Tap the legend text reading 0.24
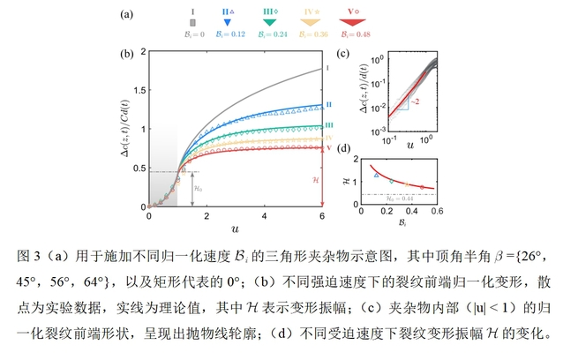pyautogui.click(x=276, y=34)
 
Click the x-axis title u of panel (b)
pyautogui.click(x=236, y=228)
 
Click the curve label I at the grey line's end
pyautogui.click(x=327, y=68)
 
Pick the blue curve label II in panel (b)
pyautogui.click(x=327, y=105)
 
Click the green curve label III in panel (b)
pyautogui.click(x=327, y=126)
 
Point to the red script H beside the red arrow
pyautogui.click(x=315, y=180)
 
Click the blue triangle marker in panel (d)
pyautogui.click(x=377, y=176)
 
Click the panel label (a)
pyautogui.click(x=128, y=14)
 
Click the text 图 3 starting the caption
pyautogui.click(x=29, y=257)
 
